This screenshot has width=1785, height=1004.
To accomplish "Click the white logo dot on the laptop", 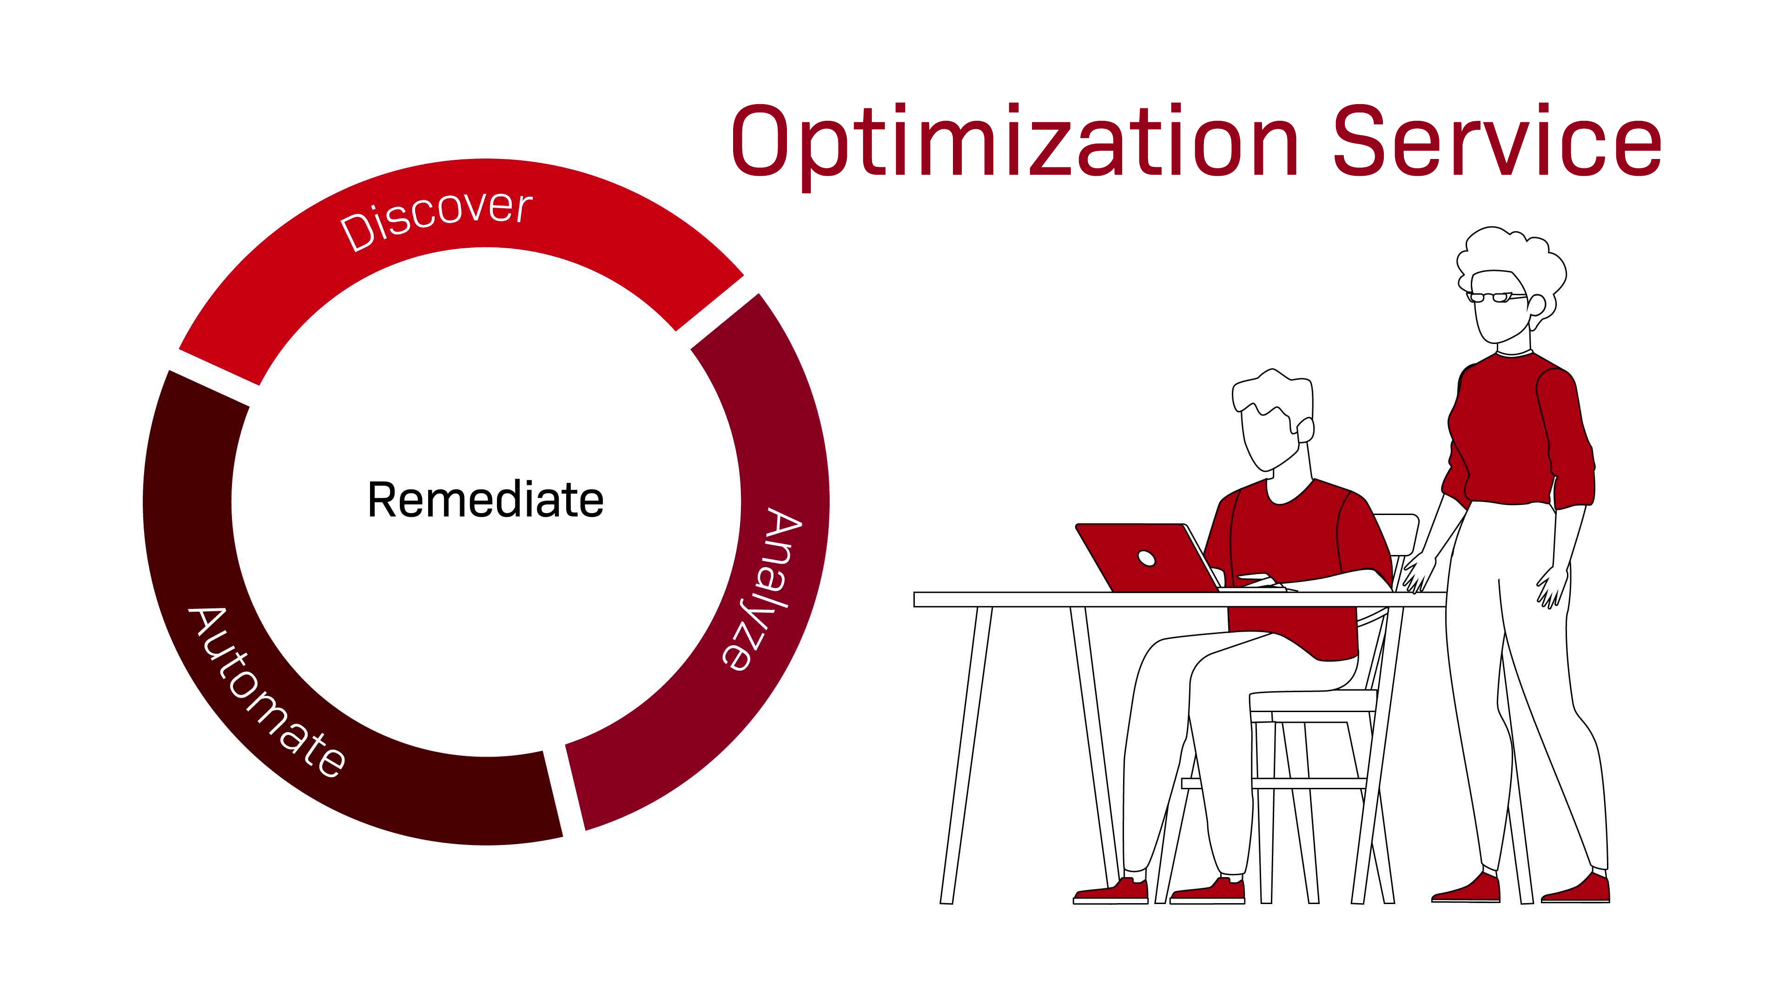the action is tap(1146, 558).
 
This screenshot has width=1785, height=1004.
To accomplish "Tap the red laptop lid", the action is tap(1147, 558).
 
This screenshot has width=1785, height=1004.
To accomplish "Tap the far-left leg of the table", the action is tap(966, 755).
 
